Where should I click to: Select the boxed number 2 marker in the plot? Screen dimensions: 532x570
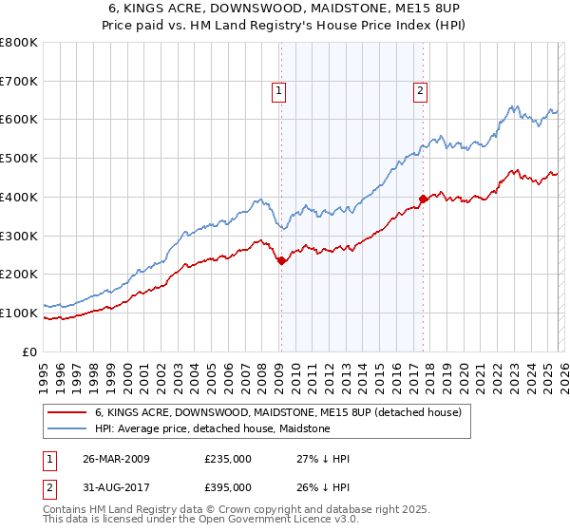click(x=420, y=91)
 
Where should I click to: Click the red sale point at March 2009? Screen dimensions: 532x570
click(x=281, y=260)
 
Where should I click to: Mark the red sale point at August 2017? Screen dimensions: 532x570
click(x=423, y=199)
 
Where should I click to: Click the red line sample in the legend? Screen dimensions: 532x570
click(x=67, y=413)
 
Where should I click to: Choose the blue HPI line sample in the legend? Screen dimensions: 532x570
click(x=67, y=429)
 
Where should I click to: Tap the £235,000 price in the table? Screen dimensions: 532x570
click(x=228, y=459)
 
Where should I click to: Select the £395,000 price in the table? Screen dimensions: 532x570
click(x=228, y=487)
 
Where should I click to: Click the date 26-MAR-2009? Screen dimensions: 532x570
click(x=116, y=459)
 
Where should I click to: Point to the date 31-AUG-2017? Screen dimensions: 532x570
click(x=116, y=487)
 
